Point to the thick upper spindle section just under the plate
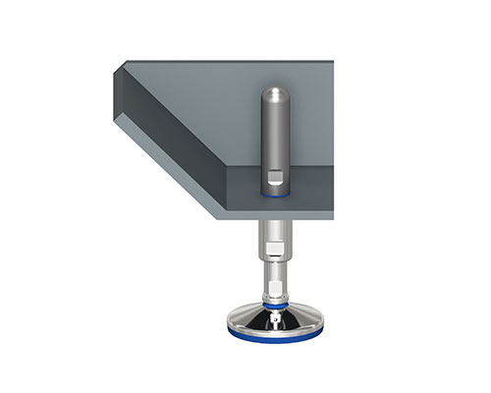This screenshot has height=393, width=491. pos(275,236)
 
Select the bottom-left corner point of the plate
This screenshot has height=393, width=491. pos(217,217)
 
